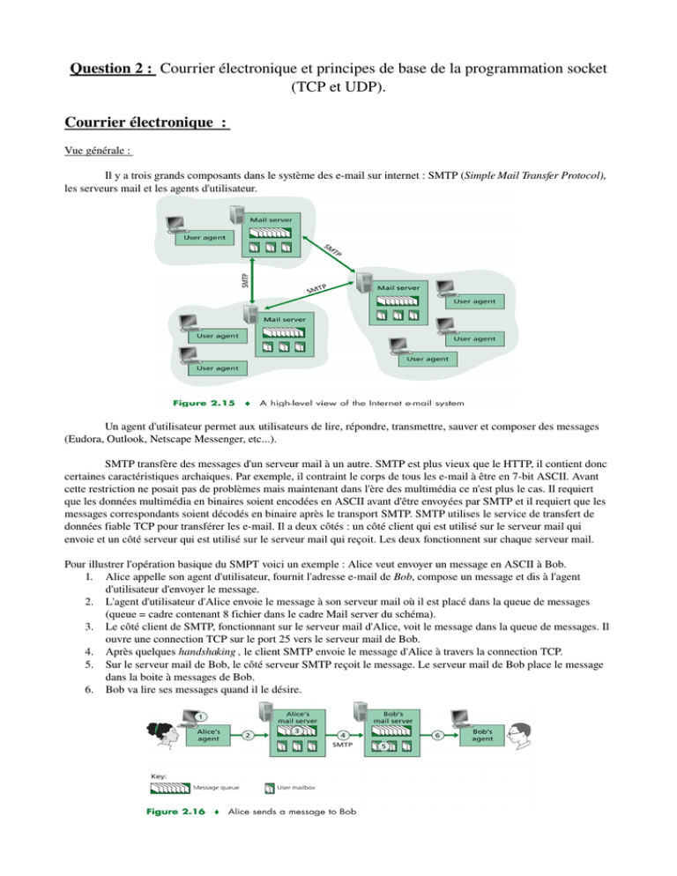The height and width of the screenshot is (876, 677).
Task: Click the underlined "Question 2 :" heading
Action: [112, 68]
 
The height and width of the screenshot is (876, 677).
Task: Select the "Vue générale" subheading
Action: [98, 151]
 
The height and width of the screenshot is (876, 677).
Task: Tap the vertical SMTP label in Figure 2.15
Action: [245, 280]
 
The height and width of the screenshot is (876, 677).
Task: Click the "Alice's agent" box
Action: [209, 735]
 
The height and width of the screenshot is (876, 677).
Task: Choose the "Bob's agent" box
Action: [482, 735]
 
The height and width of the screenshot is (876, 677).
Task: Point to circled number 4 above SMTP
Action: [343, 735]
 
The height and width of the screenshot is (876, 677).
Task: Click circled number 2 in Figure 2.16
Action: [248, 735]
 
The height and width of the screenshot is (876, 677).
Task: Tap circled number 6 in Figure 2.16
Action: [438, 735]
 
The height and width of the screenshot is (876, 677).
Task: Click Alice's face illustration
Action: [163, 735]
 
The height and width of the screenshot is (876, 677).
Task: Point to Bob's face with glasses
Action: [519, 736]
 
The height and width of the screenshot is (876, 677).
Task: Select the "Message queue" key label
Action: [216, 788]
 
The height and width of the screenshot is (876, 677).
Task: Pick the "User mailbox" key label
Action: [296, 788]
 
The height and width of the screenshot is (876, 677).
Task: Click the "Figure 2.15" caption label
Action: [204, 403]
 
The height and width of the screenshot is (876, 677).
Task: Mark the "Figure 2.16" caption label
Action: [175, 811]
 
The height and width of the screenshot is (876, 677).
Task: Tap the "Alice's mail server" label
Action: [297, 717]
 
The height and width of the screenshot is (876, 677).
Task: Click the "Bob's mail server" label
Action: [392, 717]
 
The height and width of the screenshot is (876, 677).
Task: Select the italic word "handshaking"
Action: [207, 651]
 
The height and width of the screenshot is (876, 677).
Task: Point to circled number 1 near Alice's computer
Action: [201, 716]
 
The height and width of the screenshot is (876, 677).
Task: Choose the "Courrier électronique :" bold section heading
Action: [147, 122]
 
